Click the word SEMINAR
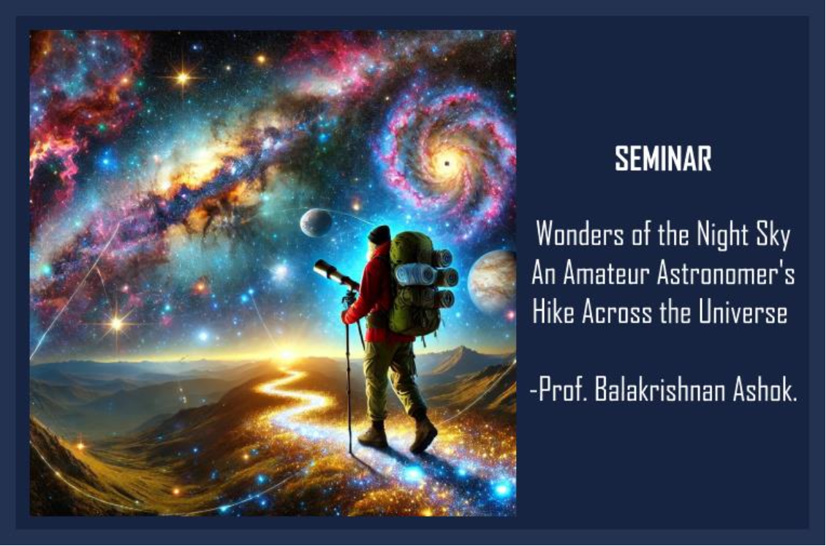tap(663, 158)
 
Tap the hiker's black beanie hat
tap(379, 235)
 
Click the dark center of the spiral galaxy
tap(447, 163)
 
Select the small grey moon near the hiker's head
tap(316, 222)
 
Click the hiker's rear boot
tap(424, 433)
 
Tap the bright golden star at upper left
tap(182, 78)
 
